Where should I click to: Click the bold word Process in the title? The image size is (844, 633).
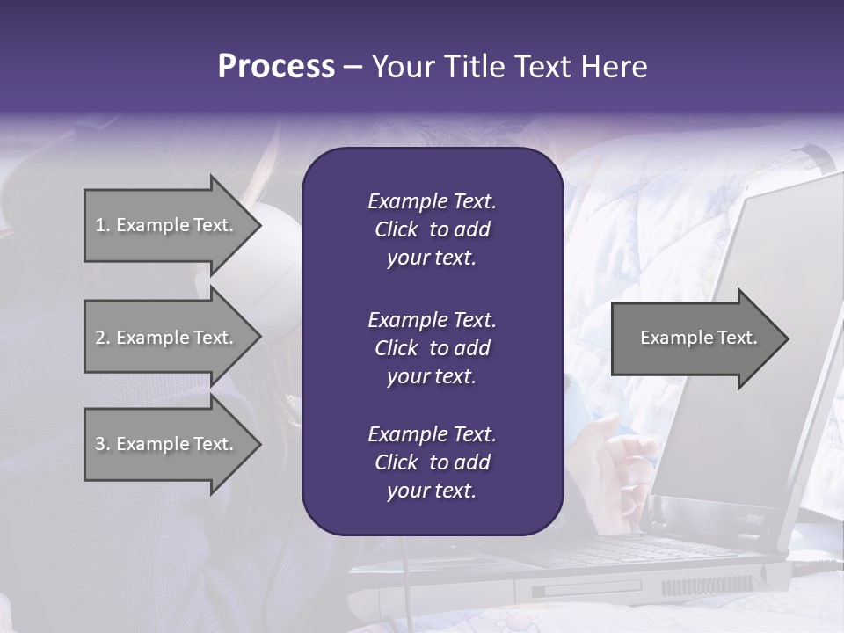click(x=276, y=67)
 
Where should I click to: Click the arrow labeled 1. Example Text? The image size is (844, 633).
click(x=164, y=225)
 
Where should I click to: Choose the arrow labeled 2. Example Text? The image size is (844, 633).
click(x=164, y=338)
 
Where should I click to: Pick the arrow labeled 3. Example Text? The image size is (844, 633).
click(x=164, y=444)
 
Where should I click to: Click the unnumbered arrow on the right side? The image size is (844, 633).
click(x=698, y=338)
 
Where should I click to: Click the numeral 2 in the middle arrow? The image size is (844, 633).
click(x=100, y=338)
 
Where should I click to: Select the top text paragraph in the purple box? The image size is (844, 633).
click(x=432, y=229)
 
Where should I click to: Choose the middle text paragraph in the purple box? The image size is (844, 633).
click(x=432, y=348)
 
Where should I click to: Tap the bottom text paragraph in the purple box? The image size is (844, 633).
click(x=432, y=462)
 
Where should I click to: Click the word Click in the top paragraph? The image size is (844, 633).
click(x=396, y=229)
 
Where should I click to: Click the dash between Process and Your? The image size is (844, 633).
click(x=353, y=68)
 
